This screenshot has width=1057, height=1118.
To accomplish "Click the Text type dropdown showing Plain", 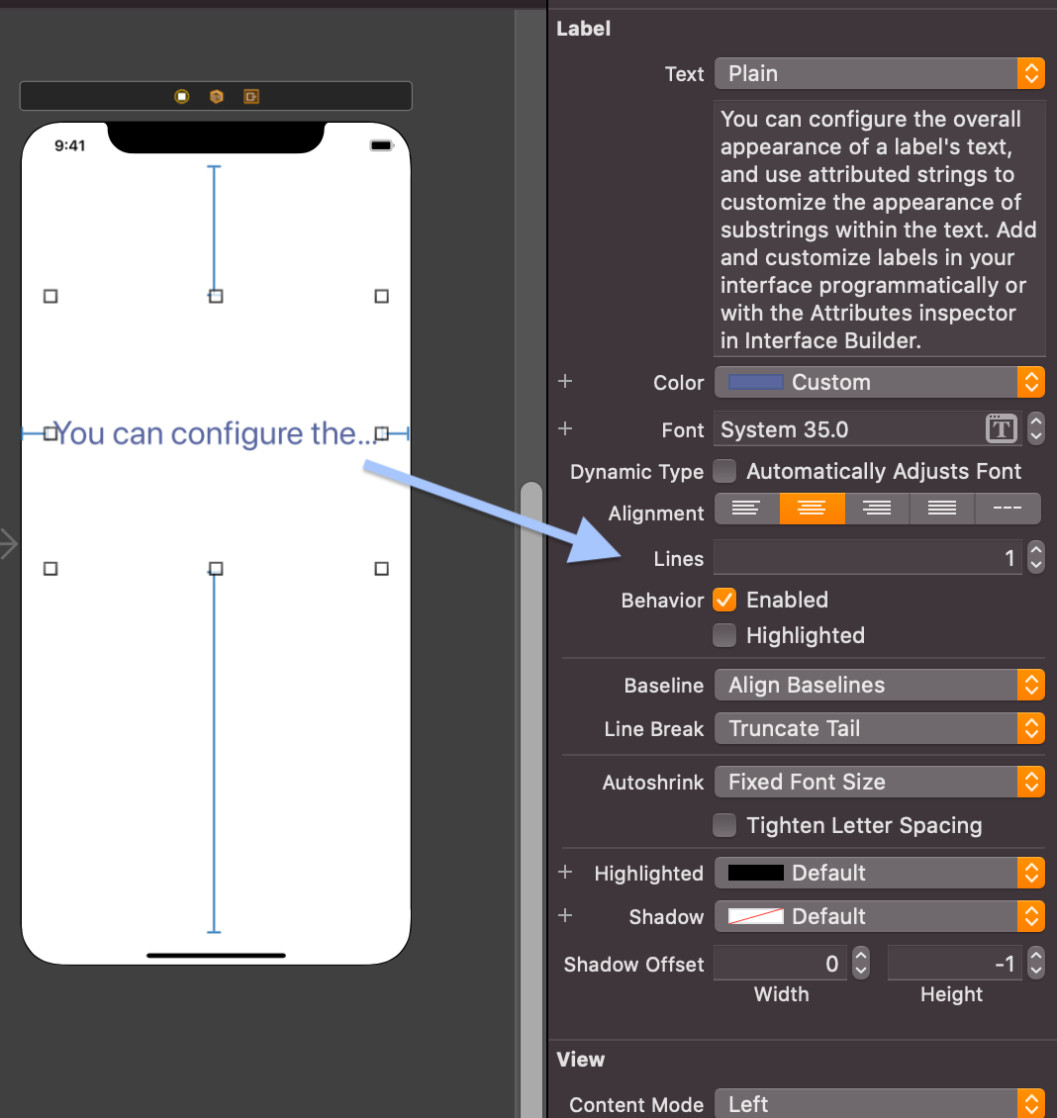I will [x=879, y=73].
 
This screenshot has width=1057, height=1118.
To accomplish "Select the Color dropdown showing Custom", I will [x=879, y=382].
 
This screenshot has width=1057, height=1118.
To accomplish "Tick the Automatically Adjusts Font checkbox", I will [x=725, y=471].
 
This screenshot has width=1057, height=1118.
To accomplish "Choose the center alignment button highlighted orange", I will [x=812, y=509].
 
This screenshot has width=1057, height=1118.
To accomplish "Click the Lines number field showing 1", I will [x=867, y=558].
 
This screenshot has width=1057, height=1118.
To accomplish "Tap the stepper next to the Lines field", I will [x=1035, y=558].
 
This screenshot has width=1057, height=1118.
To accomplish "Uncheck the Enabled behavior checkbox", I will [x=725, y=600].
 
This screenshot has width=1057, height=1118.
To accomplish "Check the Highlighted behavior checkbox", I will [x=725, y=635].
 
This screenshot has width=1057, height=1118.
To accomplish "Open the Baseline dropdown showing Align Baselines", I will [x=879, y=685].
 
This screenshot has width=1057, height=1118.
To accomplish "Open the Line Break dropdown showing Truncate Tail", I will [x=879, y=728].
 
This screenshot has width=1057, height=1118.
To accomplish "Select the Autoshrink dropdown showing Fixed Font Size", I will [x=879, y=782].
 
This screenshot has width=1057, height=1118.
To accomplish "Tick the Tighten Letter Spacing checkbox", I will [x=725, y=825].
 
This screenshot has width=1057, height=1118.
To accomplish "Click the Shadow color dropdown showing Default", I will [x=879, y=916].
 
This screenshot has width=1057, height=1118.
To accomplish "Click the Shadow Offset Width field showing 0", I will [x=780, y=964].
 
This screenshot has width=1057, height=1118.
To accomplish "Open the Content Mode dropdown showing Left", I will [x=879, y=1104].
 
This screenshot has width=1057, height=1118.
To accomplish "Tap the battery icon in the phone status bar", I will [x=381, y=145].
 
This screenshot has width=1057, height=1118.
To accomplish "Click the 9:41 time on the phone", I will [x=70, y=145].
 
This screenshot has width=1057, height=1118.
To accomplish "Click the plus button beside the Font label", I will [x=565, y=428].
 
